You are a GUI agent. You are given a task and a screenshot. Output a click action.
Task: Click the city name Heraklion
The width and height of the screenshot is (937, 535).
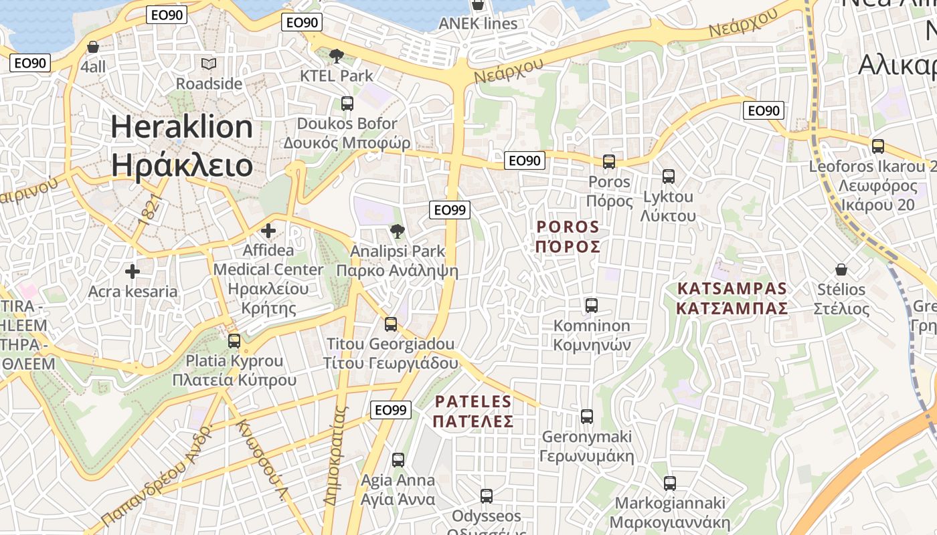tap(181, 126)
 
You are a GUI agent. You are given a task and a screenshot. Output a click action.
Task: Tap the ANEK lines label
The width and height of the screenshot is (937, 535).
tap(478, 23)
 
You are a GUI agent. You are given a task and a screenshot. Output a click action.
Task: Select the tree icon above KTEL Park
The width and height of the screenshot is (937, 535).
tap(337, 56)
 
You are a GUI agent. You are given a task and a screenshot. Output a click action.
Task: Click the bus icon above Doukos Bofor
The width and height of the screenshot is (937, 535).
tap(347, 104)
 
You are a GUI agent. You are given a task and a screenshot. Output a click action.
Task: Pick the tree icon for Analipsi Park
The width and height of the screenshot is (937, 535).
tap(398, 231)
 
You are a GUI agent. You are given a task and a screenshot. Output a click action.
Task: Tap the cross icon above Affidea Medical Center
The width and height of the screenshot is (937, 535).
tap(268, 231)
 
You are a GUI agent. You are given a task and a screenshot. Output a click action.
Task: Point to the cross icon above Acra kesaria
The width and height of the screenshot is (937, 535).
tap(133, 272)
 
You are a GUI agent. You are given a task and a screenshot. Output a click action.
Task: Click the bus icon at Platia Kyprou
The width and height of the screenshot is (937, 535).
tap(234, 340)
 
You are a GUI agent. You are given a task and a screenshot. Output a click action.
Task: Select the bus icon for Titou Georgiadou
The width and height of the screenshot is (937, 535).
tap(390, 324)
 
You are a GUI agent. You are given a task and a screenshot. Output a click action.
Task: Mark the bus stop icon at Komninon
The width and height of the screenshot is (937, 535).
tap(592, 306)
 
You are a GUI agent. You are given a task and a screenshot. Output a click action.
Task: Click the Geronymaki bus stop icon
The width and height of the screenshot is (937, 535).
tap(587, 416)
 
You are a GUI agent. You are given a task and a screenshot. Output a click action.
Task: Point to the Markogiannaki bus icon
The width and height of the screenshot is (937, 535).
tap(669, 483)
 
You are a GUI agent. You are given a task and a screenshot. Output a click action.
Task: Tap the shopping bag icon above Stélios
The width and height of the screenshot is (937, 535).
tap(841, 270)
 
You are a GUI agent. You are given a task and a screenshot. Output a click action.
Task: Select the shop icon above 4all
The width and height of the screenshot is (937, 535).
tap(93, 47)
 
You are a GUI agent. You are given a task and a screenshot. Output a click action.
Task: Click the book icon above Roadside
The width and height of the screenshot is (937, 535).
tap(209, 64)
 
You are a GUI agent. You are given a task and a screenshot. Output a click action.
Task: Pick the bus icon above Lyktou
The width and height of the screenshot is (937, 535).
tap(668, 177)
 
